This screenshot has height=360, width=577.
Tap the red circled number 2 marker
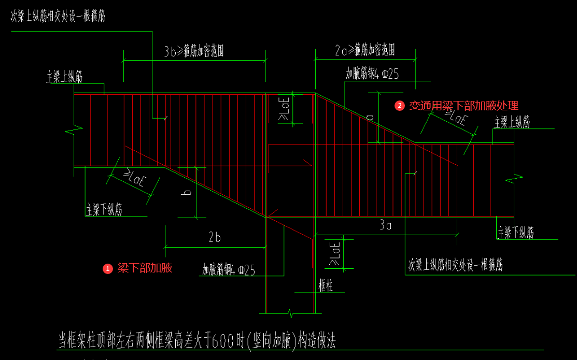point(399,106)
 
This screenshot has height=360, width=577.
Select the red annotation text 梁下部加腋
point(145,268)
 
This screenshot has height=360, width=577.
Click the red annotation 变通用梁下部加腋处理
point(464,106)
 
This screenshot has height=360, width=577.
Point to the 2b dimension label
point(214,238)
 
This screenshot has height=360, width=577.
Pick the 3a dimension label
point(385,225)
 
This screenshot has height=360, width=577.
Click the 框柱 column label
point(326,286)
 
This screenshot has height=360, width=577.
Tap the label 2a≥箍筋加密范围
point(364,50)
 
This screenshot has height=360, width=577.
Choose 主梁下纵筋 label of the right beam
point(516,233)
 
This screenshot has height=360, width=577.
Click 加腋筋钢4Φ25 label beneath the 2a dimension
point(372,74)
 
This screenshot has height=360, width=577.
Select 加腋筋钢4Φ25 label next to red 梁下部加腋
point(229,270)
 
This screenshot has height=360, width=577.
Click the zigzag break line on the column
point(291,313)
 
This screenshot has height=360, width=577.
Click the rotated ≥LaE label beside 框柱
point(334,254)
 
